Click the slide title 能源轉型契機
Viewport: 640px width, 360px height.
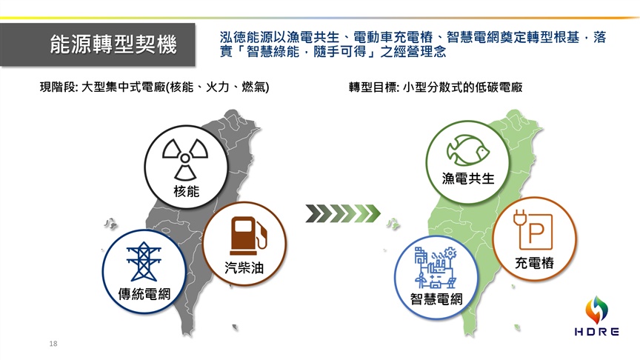tap(113, 44)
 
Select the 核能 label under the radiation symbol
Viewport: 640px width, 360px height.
tap(186, 191)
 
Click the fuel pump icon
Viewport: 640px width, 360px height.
tap(249, 236)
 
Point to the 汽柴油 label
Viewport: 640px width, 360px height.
tap(244, 267)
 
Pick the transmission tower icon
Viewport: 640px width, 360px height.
tap(144, 261)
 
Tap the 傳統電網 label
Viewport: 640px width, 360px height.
tap(144, 294)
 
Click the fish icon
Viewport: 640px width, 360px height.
tap(467, 150)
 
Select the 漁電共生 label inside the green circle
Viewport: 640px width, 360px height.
tap(468, 179)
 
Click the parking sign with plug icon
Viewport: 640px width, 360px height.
tap(533, 230)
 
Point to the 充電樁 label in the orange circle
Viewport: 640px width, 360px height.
tap(534, 263)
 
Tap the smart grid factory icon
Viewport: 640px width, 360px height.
tap(436, 267)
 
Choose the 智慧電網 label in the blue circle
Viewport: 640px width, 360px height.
tap(436, 299)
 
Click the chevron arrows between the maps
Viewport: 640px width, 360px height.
tap(343, 213)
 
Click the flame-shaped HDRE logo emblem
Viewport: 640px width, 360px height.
tap(597, 310)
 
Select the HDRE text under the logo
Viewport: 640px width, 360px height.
tap(597, 331)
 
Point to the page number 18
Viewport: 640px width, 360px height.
tap(53, 344)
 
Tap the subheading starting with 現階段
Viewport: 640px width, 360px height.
tap(154, 87)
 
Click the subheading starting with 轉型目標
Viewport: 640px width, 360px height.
tap(436, 87)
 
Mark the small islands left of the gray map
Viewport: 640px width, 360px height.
tap(110, 223)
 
